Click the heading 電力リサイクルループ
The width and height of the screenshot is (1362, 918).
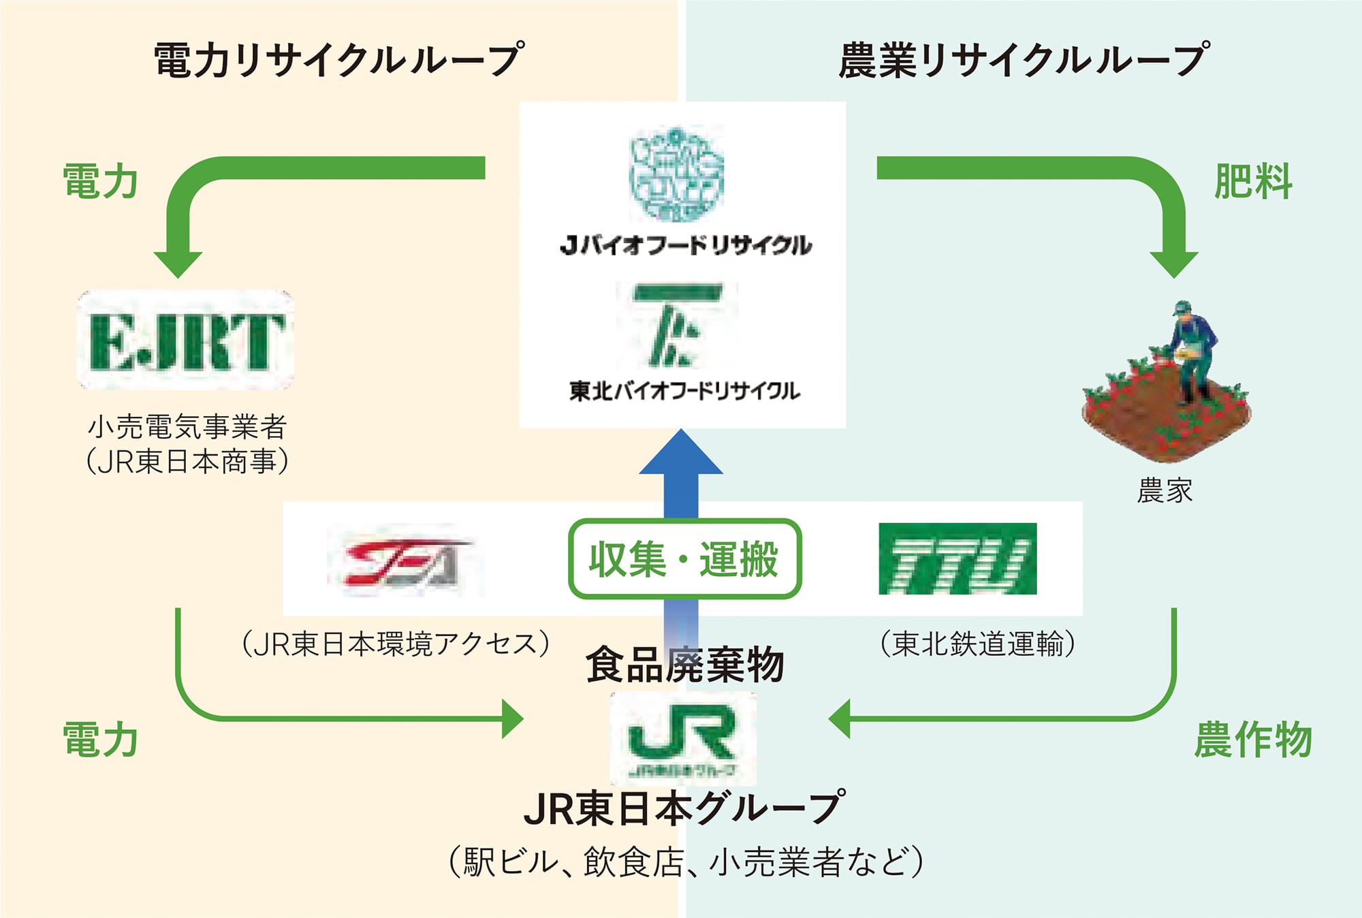click(339, 60)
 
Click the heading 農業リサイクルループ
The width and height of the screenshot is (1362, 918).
click(1024, 60)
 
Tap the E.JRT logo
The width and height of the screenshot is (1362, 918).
click(185, 341)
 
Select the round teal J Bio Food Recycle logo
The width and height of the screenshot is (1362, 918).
click(676, 173)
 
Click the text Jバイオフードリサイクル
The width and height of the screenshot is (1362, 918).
click(685, 245)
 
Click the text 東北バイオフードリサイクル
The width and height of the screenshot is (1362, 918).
click(684, 391)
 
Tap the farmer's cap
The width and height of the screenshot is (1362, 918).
click(1182, 307)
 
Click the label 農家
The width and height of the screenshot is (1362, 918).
click(1165, 490)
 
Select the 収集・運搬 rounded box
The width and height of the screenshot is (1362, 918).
click(684, 559)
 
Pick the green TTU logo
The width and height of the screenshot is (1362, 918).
click(957, 559)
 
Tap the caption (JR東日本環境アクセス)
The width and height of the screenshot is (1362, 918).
click(396, 644)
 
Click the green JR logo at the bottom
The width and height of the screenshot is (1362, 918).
click(682, 737)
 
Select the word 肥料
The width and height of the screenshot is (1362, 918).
click(1253, 182)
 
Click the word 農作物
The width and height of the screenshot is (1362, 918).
click(1253, 740)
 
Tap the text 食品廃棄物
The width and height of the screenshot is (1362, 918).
click(684, 665)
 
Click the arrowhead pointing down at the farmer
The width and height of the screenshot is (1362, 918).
click(1174, 263)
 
